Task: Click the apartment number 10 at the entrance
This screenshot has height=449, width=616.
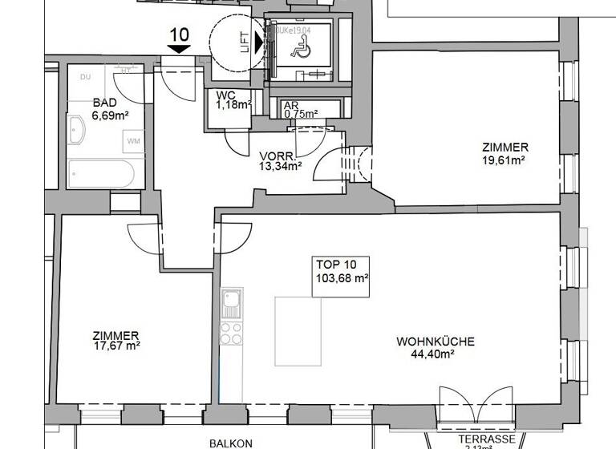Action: click(179, 34)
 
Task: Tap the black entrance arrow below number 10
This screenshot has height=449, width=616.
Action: click(179, 49)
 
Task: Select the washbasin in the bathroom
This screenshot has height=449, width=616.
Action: click(76, 130)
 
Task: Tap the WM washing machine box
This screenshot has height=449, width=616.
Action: click(133, 142)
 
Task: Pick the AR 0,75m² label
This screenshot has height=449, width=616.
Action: click(301, 109)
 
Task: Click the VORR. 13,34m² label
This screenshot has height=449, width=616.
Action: click(280, 161)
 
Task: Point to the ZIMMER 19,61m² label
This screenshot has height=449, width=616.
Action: click(505, 153)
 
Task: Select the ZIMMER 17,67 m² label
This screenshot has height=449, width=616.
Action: click(116, 340)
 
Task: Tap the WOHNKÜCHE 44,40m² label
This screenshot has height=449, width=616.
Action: click(436, 346)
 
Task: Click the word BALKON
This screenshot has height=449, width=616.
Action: click(231, 443)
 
